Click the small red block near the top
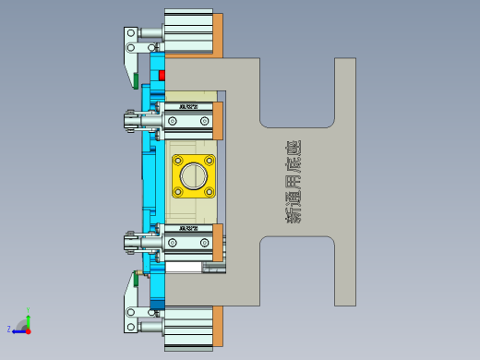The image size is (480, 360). [x=162, y=74]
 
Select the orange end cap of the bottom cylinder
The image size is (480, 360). [x=219, y=326]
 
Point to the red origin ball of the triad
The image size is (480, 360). [x=28, y=329]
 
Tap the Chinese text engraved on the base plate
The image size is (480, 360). [x=294, y=183]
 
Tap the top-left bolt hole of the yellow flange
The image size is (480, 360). [x=179, y=160]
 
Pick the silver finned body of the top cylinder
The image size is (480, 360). [x=188, y=33]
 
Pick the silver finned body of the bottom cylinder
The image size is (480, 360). [x=188, y=328]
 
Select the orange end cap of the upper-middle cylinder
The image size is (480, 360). [x=219, y=121]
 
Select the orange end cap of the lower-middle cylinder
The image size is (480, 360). [x=219, y=243]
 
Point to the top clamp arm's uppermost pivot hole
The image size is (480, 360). [x=131, y=33]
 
